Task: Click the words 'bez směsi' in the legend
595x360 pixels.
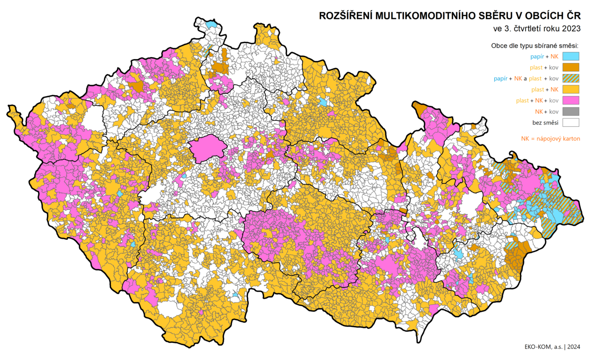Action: coord(545,123)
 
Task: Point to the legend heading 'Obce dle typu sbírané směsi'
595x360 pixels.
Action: coord(534,46)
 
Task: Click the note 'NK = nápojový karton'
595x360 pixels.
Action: coord(550,138)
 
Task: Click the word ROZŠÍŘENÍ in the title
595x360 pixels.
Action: coord(346,16)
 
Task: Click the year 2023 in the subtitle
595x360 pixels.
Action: coord(571,28)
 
